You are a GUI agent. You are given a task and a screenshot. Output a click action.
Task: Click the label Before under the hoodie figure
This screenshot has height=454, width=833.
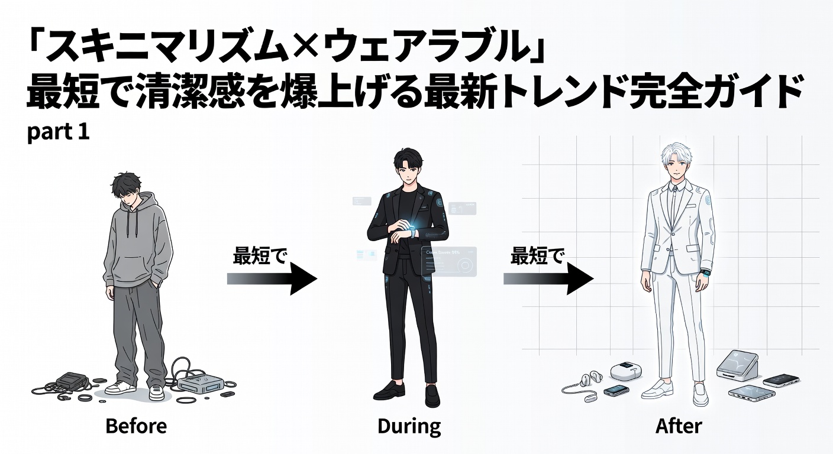136,426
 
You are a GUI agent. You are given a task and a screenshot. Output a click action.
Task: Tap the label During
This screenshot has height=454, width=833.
409,426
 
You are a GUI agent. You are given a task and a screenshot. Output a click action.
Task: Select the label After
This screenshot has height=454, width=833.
679,426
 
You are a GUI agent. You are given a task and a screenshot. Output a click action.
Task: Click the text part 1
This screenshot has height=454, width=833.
58,132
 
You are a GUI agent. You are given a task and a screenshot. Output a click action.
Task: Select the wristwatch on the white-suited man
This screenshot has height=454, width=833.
705,273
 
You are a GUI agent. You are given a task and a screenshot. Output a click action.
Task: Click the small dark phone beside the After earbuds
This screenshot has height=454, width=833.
615,391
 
